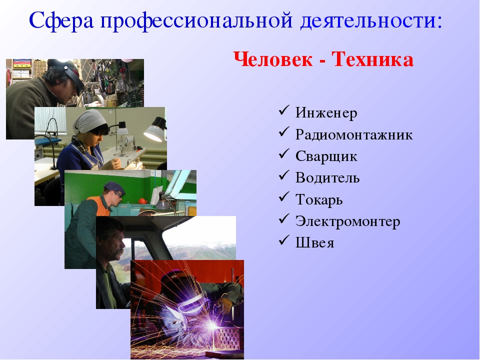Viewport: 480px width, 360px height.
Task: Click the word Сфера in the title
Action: coord(61,20)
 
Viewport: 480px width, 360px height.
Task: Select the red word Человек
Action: coord(273,59)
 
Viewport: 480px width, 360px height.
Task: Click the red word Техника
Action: coord(372,59)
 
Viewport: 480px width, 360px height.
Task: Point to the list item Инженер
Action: coord(326,112)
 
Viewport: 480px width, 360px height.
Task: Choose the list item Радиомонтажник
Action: coord(354,134)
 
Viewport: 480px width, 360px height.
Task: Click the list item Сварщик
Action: coord(326,156)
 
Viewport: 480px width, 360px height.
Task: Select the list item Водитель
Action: coord(327,177)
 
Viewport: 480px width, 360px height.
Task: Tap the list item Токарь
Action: coord(318,199)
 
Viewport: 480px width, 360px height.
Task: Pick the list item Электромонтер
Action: coord(347,221)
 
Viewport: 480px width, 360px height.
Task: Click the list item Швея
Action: coord(314,243)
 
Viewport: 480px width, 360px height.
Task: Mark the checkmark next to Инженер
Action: coord(284,110)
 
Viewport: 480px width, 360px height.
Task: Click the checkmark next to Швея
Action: coord(284,240)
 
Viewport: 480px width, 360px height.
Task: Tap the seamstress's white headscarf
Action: coord(89,120)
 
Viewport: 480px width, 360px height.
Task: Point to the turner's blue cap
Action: coord(114,186)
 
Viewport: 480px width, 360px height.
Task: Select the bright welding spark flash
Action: coord(212,325)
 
